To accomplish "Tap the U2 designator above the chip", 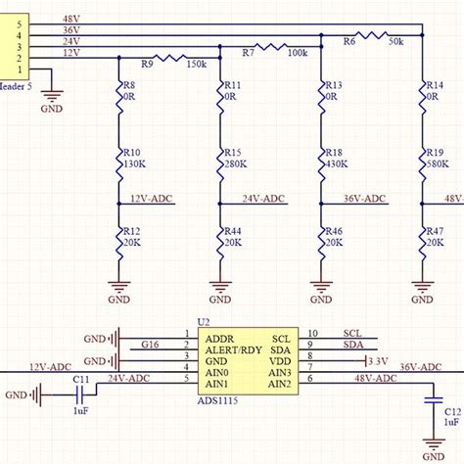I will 204,321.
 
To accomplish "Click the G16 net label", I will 150,345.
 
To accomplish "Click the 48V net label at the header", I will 71,19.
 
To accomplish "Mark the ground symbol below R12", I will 120,289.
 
